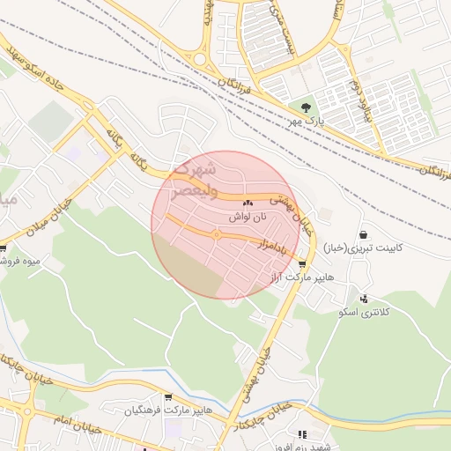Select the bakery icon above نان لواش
pyautogui.click(x=248, y=203)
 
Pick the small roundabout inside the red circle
pyautogui.click(x=216, y=234)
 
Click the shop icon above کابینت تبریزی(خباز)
pyautogui.click(x=363, y=234)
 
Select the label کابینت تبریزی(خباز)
pyautogui.click(x=363, y=248)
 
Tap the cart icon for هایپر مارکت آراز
pyautogui.click(x=303, y=262)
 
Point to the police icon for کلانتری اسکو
pyautogui.click(x=363, y=299)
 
